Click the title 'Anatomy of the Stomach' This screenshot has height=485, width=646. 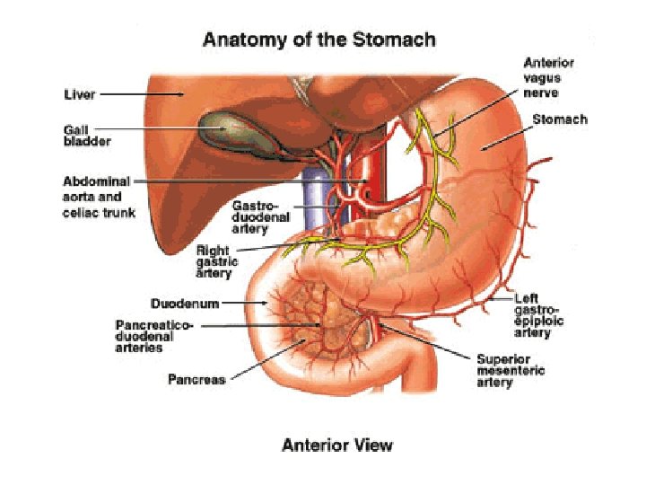(319, 40)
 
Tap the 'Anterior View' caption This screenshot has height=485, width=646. (336, 445)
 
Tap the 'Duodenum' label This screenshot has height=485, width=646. (184, 304)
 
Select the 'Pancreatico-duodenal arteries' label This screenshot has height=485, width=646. (153, 335)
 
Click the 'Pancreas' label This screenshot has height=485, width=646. (196, 379)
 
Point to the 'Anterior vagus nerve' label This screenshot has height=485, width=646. (548, 78)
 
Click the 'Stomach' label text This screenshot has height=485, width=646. (560, 119)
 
